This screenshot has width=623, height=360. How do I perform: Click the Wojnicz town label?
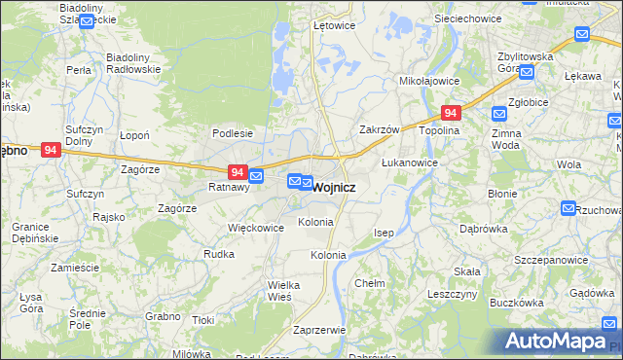tap(334, 187)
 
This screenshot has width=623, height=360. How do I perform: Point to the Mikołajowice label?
tap(428, 83)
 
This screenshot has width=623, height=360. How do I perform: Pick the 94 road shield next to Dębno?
tap(52, 150)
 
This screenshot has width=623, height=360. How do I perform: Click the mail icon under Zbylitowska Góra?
tap(527, 71)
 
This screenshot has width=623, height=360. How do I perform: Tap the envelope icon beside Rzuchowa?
tap(568, 208)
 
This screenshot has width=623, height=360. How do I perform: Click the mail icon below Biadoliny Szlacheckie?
tap(86, 19)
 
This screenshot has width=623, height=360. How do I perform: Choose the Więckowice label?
tap(255, 228)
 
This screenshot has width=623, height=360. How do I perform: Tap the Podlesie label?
tap(233, 133)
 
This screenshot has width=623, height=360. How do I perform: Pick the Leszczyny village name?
tap(451, 293)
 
